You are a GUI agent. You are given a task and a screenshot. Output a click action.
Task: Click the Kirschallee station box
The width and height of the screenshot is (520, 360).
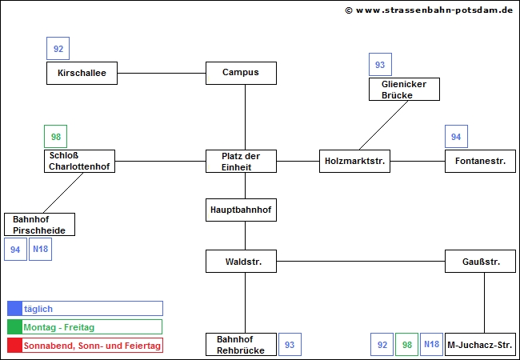point(81,73)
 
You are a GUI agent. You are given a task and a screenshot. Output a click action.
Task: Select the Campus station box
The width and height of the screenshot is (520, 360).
point(241,73)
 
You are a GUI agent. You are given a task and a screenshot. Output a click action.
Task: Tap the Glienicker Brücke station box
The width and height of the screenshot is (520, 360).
point(404,89)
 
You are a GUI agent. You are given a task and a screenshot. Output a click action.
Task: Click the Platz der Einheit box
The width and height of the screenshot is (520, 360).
point(241,161)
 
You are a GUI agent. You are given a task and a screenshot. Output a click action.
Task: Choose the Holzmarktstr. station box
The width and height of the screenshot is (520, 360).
point(354,161)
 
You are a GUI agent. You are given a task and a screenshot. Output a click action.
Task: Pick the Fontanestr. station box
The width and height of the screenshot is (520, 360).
point(480,161)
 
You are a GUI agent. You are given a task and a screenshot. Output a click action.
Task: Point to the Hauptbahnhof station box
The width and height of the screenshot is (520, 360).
point(241,210)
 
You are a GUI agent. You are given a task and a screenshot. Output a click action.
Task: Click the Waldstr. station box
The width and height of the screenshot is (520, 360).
point(241,262)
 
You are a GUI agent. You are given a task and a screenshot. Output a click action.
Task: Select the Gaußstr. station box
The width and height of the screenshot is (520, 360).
point(480,262)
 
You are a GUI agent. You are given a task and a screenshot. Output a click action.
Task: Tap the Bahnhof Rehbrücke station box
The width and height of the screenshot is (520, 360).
point(241,345)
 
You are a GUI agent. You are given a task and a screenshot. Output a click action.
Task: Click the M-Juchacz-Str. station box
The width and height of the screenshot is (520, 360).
point(480,345)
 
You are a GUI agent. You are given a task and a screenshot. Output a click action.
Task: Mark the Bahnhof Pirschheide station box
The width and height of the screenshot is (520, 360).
point(39,224)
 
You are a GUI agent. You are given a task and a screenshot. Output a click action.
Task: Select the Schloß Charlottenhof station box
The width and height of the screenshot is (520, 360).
point(79,161)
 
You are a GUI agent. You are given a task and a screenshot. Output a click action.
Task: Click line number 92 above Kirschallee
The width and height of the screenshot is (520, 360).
point(58,49)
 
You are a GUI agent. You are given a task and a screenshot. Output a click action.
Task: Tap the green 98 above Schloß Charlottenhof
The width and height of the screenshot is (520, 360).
point(55,137)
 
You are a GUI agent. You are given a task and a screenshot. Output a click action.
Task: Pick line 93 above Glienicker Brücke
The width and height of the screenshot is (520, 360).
point(380,65)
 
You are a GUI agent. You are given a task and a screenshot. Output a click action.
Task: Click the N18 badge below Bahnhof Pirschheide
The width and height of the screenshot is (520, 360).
point(40,250)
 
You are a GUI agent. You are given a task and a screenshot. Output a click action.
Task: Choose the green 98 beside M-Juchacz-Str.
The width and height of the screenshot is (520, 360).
point(406,345)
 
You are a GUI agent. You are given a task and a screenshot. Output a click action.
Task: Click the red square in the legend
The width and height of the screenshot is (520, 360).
point(14,346)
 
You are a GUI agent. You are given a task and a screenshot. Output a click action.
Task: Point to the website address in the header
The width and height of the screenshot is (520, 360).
point(429,10)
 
